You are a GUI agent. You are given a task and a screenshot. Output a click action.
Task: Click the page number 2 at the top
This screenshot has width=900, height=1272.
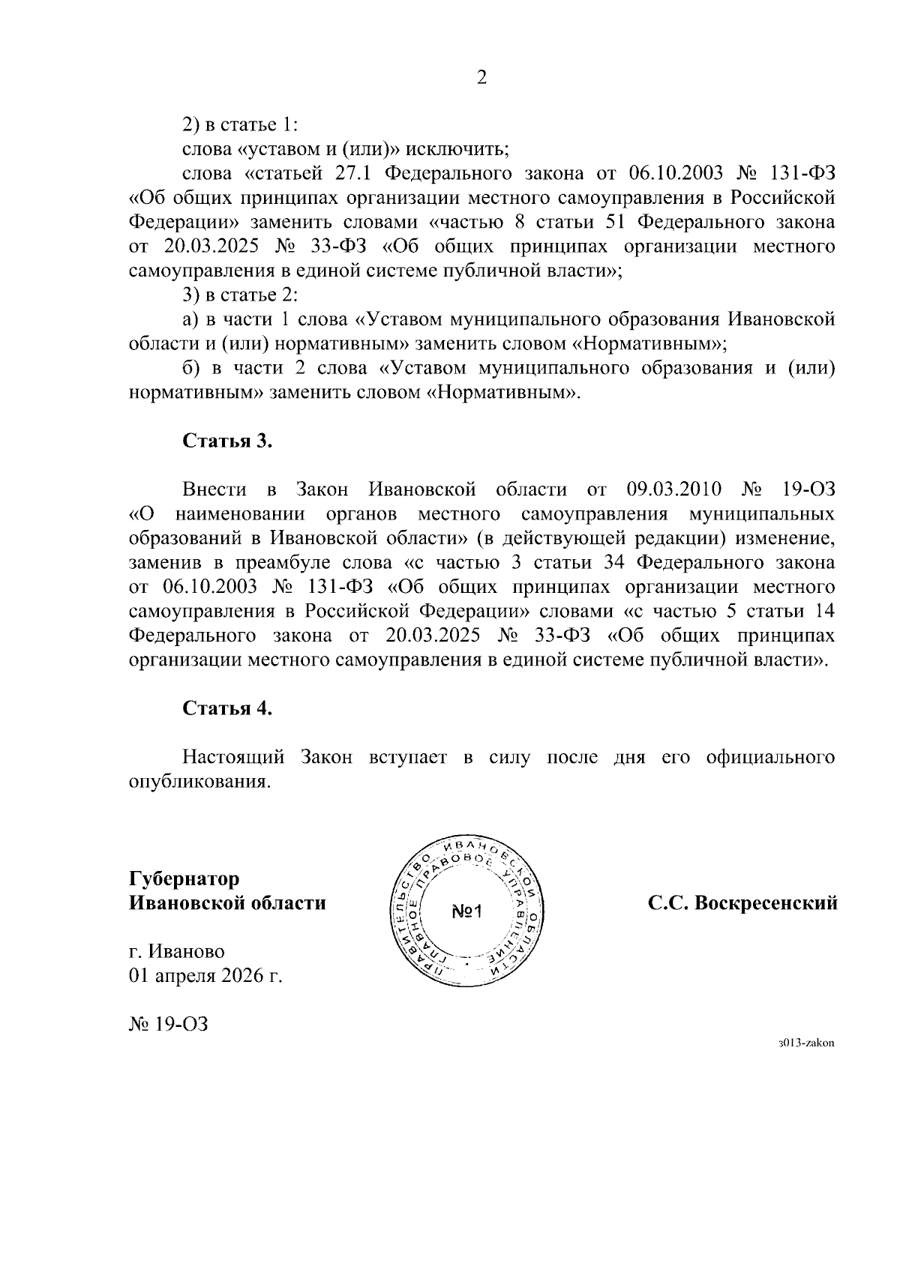coord(481,76)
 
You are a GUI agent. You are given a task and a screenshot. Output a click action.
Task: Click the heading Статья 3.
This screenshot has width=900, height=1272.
coord(227,441)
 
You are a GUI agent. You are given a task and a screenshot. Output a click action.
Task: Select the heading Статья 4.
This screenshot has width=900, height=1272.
coord(227,708)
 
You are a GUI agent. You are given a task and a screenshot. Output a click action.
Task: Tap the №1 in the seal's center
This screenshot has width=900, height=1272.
coord(470,911)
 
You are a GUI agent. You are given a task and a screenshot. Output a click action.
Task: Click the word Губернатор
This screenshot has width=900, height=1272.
coord(184,878)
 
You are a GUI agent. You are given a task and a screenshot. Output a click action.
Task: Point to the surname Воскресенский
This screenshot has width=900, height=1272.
coord(766,903)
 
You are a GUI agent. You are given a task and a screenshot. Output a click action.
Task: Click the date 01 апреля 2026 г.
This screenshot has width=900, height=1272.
coord(206,976)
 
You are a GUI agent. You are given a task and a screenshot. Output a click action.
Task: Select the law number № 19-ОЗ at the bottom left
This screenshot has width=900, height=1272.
coord(169,1023)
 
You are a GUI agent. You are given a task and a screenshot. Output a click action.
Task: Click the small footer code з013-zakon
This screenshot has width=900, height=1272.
coord(806,1043)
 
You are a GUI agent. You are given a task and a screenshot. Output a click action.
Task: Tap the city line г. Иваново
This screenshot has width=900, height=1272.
coord(178,951)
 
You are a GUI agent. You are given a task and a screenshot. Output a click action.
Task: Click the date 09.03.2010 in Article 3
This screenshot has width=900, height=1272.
coord(673,489)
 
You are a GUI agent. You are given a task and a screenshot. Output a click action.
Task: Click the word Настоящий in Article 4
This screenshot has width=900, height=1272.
coord(233,757)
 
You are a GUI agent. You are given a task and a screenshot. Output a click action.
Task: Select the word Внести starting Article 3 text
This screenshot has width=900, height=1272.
coord(214,489)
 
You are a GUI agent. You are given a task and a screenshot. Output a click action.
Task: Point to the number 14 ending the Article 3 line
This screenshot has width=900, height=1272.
coord(824,611)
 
